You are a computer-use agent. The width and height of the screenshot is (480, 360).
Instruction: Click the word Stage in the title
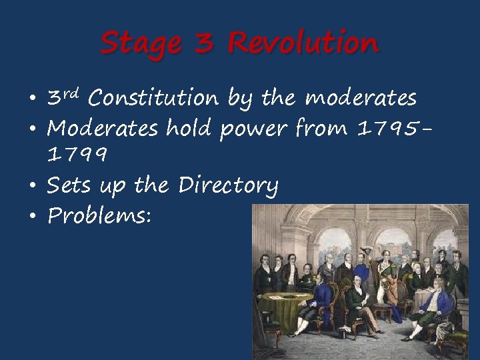pyautogui.click(x=140, y=44)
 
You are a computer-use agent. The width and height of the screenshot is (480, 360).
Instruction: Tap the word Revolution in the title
pyautogui.click(x=303, y=43)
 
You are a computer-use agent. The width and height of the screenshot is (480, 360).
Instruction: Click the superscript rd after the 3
pyautogui.click(x=72, y=93)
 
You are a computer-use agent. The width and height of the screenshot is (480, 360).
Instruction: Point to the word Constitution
pyautogui.click(x=153, y=99)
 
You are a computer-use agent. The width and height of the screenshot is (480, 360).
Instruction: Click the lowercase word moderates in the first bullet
pyautogui.click(x=361, y=99)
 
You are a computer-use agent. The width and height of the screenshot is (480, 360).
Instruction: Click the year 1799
pyautogui.click(x=77, y=156)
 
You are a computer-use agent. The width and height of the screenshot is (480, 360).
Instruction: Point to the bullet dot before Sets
pyautogui.click(x=32, y=186)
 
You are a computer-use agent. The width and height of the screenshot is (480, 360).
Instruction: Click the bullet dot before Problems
pyautogui.click(x=32, y=215)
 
